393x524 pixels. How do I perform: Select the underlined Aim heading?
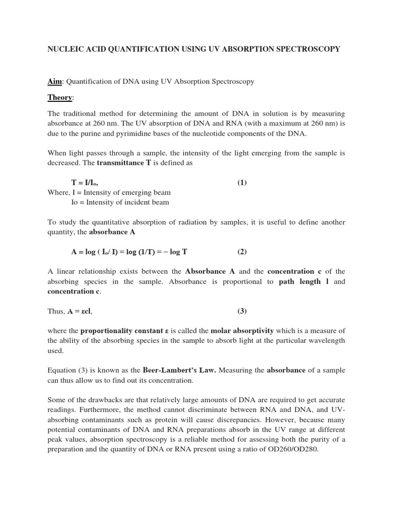coord(54,82)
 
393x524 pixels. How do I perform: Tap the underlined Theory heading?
coord(60,97)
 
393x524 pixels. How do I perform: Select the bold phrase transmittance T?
coord(122,163)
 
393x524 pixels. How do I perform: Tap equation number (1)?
coord(242,183)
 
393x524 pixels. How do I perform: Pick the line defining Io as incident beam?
coord(120,202)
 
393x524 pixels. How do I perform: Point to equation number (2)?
coord(242,252)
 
